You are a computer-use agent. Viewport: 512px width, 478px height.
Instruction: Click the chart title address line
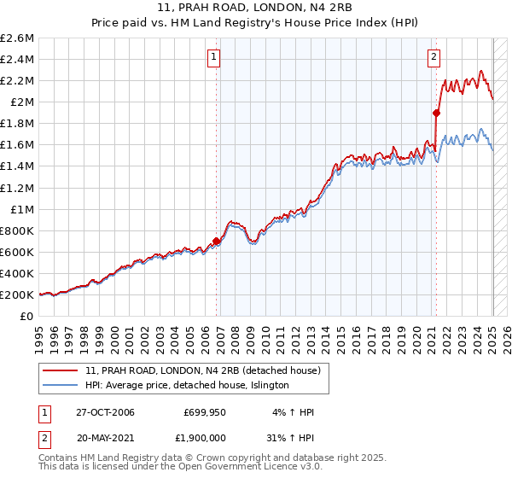coord(255,9)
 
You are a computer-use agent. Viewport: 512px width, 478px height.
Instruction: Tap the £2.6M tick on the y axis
coord(18,38)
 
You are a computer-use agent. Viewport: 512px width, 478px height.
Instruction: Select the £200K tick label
coord(17,294)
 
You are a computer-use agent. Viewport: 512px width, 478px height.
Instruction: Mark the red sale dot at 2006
coord(217,242)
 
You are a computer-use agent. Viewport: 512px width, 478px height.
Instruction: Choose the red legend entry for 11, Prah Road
coord(202,370)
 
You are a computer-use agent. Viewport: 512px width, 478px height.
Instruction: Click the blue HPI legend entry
coord(187,385)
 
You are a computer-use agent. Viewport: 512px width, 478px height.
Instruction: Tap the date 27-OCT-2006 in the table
coord(103,412)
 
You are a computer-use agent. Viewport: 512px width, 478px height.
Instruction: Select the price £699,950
coord(203,412)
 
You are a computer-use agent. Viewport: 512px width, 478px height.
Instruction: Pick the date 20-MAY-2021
coord(104,436)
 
